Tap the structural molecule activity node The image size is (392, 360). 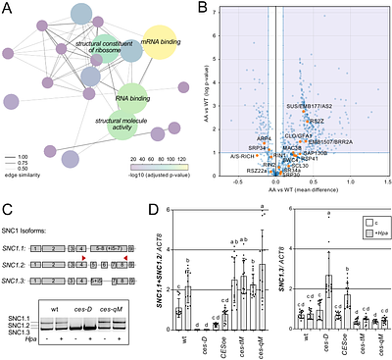110,126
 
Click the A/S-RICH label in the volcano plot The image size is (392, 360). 244,155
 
